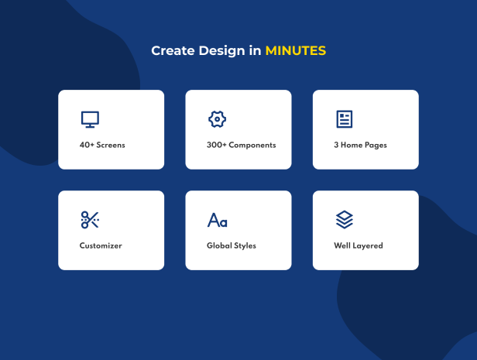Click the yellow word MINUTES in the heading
click(x=296, y=50)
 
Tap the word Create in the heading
click(x=173, y=50)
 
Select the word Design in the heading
click(x=221, y=51)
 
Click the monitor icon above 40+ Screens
click(x=90, y=119)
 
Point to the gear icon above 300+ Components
click(x=217, y=119)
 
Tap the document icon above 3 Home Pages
click(x=345, y=119)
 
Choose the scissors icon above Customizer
click(x=90, y=220)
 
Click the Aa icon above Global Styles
click(x=217, y=220)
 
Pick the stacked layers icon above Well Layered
click(x=345, y=220)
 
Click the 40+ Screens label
click(x=102, y=145)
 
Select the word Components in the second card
click(x=252, y=146)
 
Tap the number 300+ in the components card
click(x=217, y=145)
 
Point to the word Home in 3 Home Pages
click(x=352, y=145)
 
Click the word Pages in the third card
click(x=376, y=146)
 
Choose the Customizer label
click(x=101, y=245)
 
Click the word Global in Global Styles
click(x=219, y=245)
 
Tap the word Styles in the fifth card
click(x=245, y=245)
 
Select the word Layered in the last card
click(x=368, y=245)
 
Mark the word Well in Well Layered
click(x=342, y=245)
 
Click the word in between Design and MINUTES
click(x=256, y=50)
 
